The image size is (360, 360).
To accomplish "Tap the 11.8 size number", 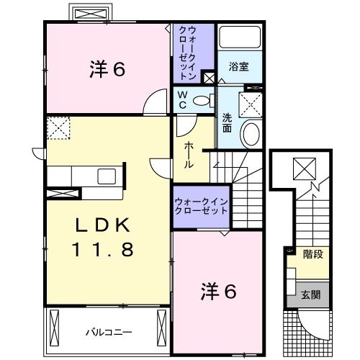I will (x=102, y=249).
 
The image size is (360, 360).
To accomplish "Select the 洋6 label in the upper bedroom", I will (x=108, y=69).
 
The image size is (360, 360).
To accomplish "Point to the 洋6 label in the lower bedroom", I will (x=217, y=292).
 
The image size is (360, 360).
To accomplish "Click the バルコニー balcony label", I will (x=108, y=332).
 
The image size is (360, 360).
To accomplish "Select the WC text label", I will (x=182, y=100).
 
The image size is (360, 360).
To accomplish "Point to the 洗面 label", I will (x=226, y=124).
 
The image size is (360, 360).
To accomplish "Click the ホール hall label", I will (x=189, y=155).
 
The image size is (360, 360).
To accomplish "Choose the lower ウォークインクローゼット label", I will (x=201, y=207).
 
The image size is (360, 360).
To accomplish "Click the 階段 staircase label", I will (x=312, y=253).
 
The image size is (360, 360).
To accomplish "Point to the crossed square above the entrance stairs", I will (x=305, y=170).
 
